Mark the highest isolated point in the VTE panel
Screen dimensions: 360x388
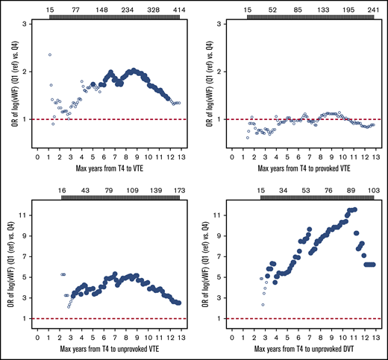click(x=50, y=54)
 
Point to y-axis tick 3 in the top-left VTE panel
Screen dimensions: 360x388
click(x=27, y=24)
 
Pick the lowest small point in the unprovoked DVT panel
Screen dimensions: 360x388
click(x=263, y=304)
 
